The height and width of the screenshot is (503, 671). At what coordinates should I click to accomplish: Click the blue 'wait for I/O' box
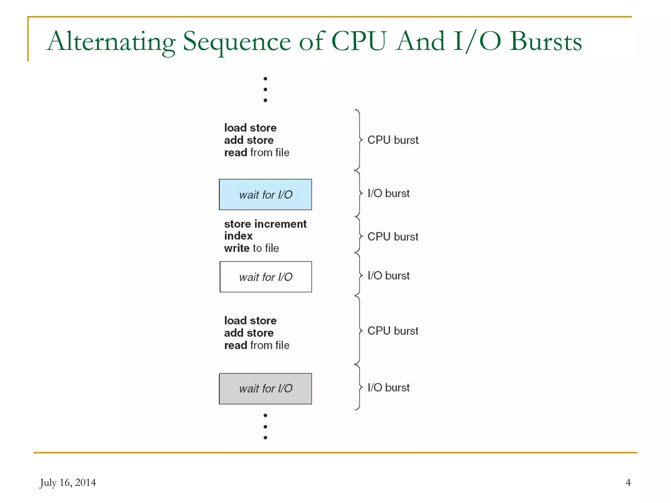[265, 195]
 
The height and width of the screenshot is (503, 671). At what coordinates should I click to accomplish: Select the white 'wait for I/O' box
[265, 277]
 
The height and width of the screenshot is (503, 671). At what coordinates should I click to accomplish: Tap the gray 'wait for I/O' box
[265, 388]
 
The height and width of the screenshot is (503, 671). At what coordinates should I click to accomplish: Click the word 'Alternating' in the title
[111, 42]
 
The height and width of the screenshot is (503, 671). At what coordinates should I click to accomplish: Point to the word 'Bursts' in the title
[546, 42]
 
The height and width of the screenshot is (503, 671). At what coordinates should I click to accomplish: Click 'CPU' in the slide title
[359, 42]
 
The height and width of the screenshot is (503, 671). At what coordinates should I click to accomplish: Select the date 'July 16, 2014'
[68, 482]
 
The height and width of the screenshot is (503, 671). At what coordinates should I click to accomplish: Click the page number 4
[628, 482]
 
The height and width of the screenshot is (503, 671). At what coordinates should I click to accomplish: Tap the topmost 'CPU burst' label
[393, 140]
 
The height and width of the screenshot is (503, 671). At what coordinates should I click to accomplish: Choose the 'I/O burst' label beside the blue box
[389, 193]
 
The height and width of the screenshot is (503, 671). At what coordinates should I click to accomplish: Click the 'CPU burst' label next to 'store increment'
[393, 236]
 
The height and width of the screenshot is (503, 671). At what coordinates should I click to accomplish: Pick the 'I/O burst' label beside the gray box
[389, 387]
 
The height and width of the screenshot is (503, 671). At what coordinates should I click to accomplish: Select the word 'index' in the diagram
[238, 236]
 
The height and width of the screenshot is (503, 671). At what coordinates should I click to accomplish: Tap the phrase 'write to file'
[251, 248]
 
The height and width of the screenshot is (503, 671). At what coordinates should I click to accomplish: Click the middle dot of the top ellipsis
[265, 89]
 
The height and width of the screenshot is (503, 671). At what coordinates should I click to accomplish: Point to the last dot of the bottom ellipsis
[265, 438]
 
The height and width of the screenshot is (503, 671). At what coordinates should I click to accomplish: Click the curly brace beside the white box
[359, 275]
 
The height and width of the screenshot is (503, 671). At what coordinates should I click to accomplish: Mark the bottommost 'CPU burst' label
[393, 331]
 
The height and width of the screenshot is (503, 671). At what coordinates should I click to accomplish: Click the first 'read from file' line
[257, 153]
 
